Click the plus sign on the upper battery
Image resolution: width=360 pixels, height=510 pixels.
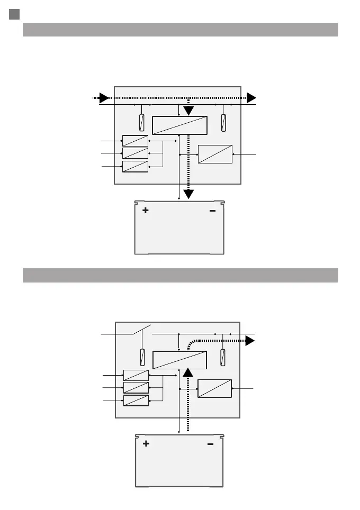(x=145, y=211)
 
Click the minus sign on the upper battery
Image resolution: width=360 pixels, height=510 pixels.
(x=212, y=211)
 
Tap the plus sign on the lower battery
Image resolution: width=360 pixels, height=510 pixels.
(x=146, y=444)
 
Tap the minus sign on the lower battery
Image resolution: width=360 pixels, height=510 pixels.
(x=211, y=444)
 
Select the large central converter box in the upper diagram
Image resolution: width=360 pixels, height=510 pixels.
(x=179, y=125)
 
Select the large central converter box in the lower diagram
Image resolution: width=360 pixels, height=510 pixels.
(x=179, y=360)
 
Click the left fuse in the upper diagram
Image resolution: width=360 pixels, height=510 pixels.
(x=142, y=122)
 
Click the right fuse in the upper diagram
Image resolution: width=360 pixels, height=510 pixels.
(x=223, y=122)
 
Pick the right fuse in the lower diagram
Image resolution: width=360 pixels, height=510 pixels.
(x=223, y=357)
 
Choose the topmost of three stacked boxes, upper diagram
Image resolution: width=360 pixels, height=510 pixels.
(x=135, y=141)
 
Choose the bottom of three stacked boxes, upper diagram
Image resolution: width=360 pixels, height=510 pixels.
(x=135, y=167)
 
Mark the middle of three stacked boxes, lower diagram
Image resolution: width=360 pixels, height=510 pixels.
(x=136, y=388)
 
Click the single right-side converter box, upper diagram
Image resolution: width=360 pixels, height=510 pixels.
(x=215, y=154)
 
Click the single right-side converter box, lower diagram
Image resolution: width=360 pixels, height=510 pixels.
(x=214, y=388)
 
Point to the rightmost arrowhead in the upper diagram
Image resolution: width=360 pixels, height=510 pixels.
(x=251, y=98)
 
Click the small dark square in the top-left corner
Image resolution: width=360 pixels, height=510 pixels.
(x=15, y=14)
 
